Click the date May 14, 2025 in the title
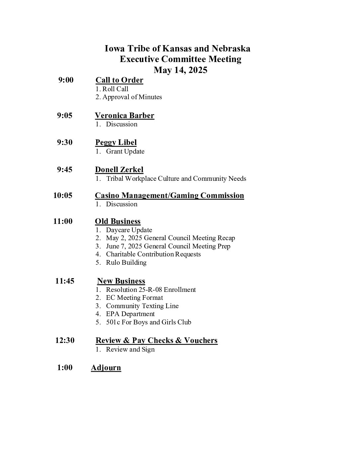pos(180,70)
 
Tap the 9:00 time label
pos(66,80)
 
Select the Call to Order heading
pos(119,80)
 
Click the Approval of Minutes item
pos(132,97)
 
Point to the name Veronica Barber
pos(124,115)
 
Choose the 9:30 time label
pos(64,142)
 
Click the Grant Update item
pos(125,152)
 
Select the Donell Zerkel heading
pos(119,169)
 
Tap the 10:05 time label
pos(63,195)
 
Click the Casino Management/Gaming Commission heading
pos(169,195)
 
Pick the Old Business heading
pos(117,221)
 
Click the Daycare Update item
pos(129,230)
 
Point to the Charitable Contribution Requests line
pos(153,254)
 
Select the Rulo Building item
pos(126,263)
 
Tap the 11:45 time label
pos(65,281)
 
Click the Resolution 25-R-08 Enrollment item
pos(151,290)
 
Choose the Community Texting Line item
pos(142,306)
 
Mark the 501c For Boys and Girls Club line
pos(148,322)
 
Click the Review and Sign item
pos(130,350)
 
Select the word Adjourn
pos(106,367)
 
